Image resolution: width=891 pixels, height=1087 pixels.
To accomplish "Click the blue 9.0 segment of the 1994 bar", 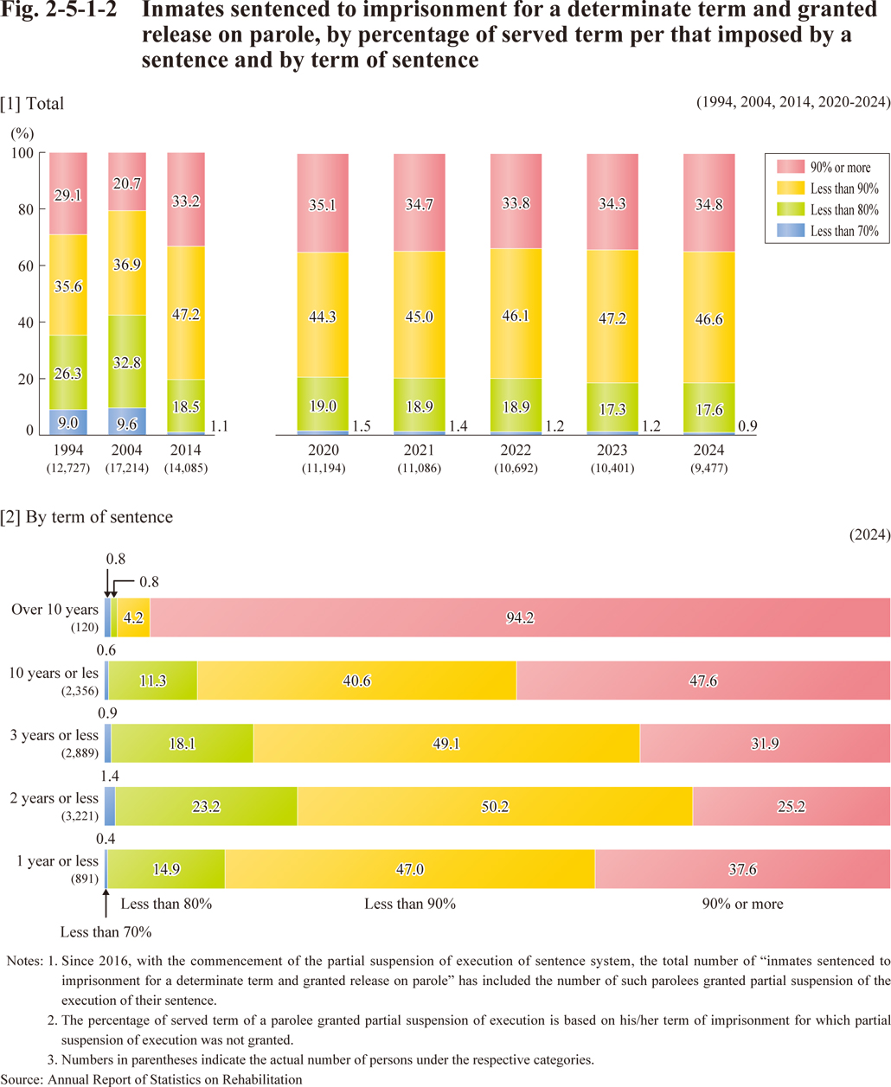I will [68, 421].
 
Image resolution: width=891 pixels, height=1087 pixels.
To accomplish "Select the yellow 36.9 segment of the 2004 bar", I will [127, 263].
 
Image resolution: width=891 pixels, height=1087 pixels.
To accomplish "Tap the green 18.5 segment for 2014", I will [186, 406].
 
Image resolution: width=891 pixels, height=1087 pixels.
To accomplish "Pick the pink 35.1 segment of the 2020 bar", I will [323, 204].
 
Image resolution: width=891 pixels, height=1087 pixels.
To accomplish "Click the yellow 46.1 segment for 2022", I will [516, 316].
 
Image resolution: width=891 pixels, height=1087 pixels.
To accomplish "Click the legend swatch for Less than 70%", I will [792, 231].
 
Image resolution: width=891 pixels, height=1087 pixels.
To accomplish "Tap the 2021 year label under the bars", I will [419, 451].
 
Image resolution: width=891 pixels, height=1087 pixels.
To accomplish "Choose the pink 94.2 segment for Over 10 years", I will [519, 617].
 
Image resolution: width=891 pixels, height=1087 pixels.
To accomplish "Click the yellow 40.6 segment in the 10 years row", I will [356, 681].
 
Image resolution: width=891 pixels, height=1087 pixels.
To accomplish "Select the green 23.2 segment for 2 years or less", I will [206, 806].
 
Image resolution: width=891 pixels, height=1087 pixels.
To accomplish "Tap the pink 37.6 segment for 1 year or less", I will [742, 869].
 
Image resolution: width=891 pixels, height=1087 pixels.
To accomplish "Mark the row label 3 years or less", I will [54, 736].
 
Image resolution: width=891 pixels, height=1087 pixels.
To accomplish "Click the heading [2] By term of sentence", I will [87, 517].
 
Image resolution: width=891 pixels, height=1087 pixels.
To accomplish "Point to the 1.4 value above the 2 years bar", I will [110, 777].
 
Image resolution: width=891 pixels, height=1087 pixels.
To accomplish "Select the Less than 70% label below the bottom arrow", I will [106, 932].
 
